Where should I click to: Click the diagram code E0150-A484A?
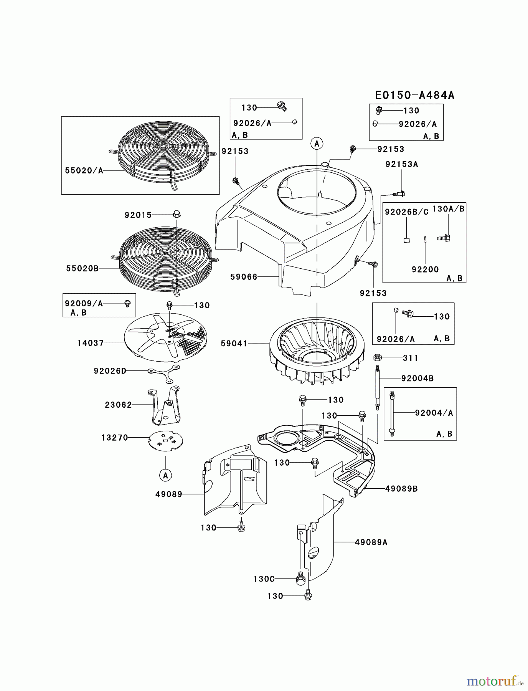click(x=415, y=95)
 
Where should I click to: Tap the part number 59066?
click(x=244, y=276)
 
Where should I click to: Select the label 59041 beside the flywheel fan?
click(x=234, y=343)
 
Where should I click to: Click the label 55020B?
click(x=82, y=268)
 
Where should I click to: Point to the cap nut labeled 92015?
click(x=177, y=214)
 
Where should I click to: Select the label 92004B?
click(x=417, y=378)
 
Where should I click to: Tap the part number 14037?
click(x=91, y=343)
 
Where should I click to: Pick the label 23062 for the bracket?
click(x=118, y=405)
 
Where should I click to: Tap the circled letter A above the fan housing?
click(x=317, y=144)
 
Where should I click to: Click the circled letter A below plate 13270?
click(x=165, y=475)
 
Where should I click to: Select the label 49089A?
click(x=371, y=542)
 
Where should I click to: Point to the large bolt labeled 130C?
click(x=301, y=579)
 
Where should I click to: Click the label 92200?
click(x=425, y=269)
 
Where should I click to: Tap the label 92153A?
click(x=402, y=164)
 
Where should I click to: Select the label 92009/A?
click(x=84, y=303)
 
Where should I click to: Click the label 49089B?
click(x=401, y=489)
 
